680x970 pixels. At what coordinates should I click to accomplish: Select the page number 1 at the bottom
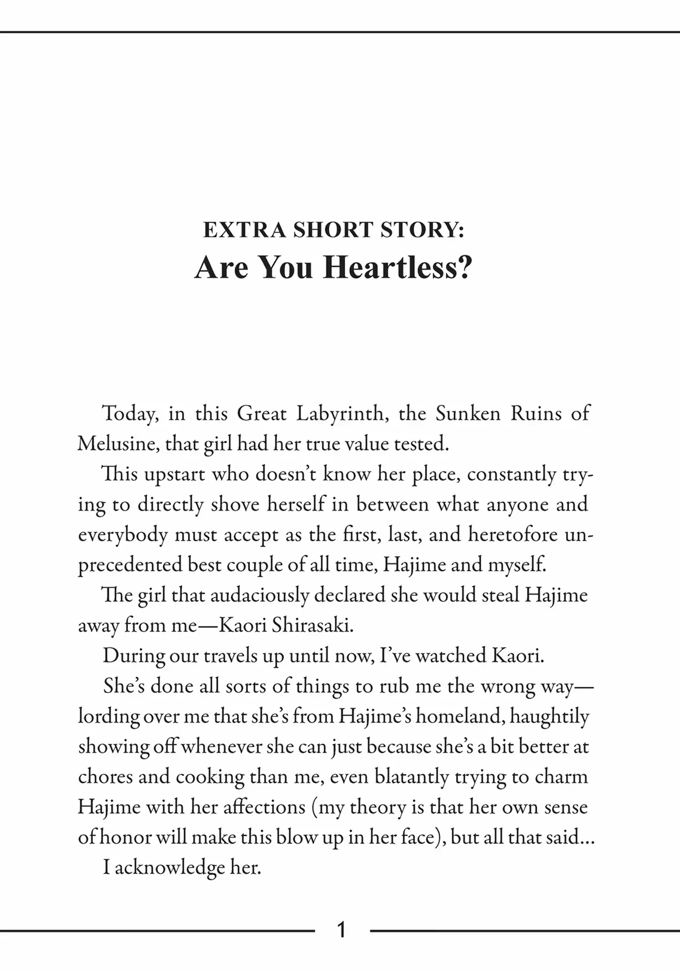(341, 930)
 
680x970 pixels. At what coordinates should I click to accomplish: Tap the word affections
(264, 808)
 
